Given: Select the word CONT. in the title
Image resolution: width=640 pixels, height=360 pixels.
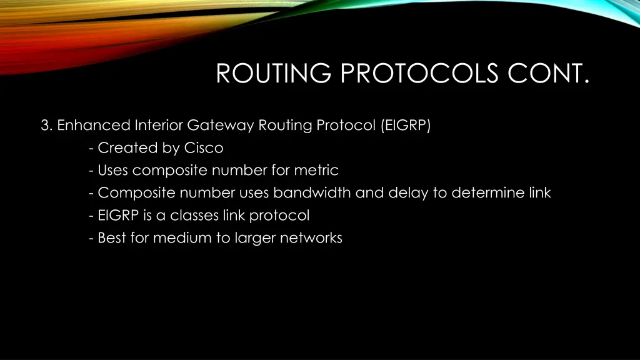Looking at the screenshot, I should click(x=548, y=74).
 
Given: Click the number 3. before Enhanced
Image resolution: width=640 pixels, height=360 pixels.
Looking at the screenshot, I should click(x=47, y=126).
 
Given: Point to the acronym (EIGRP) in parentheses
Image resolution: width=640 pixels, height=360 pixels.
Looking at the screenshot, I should click(x=405, y=126).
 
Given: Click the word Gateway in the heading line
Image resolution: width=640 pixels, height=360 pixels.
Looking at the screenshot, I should click(x=221, y=126).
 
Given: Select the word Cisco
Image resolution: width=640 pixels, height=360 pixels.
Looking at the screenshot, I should click(x=203, y=148).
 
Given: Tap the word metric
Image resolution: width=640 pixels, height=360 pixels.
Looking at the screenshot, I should click(x=317, y=170).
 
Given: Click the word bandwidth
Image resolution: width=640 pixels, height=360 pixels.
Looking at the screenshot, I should click(x=312, y=192).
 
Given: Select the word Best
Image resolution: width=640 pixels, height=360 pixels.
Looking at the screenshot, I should click(x=112, y=238).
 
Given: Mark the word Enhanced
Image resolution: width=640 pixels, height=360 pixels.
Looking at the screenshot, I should click(x=93, y=126).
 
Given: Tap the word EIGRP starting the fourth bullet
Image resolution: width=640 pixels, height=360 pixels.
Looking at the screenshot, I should click(x=119, y=216).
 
